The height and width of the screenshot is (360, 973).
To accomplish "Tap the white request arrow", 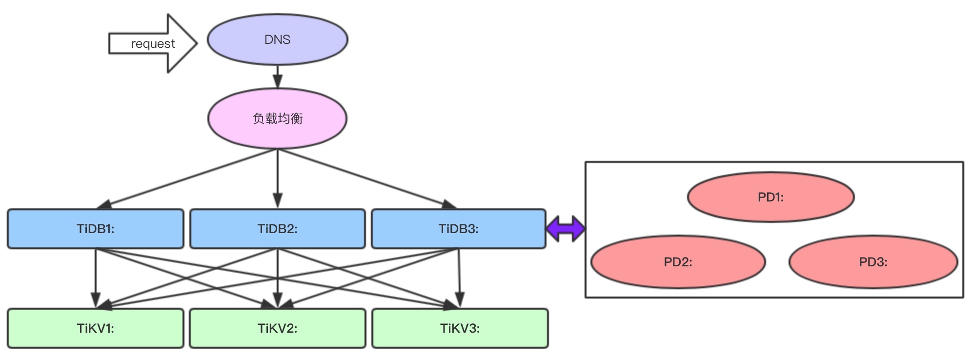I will pyautogui.click(x=122, y=44).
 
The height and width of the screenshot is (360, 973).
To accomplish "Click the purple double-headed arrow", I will pyautogui.click(x=565, y=228).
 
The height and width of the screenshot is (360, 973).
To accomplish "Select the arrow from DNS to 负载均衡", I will pyautogui.click(x=278, y=77).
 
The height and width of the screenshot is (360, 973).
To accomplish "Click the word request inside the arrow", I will pyautogui.click(x=153, y=44).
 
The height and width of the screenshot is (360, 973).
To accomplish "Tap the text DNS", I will pyautogui.click(x=277, y=40).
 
